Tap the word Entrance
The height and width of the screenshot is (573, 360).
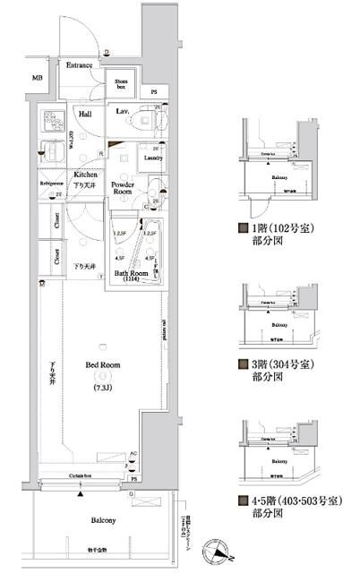click(81, 65)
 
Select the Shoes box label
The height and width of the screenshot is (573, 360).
click(122, 84)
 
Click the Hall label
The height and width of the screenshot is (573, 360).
click(85, 114)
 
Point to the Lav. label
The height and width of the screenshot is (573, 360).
click(124, 111)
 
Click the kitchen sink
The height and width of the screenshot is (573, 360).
click(51, 154)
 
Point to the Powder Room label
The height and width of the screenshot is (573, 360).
click(123, 188)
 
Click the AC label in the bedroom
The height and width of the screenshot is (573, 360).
click(133, 453)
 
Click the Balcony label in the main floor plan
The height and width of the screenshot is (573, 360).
click(99, 520)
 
